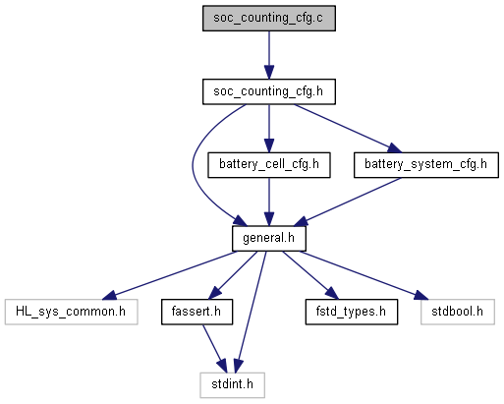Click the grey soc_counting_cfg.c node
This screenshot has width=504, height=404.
(x=269, y=19)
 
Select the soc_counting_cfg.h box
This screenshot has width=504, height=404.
(x=269, y=91)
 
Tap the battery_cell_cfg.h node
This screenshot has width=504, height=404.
(x=269, y=165)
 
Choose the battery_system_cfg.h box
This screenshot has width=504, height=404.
(x=426, y=165)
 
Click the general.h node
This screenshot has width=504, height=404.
(x=269, y=239)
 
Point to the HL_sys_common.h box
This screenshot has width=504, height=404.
(x=71, y=312)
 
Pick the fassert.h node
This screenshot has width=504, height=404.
(x=196, y=312)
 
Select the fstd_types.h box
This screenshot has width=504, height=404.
(x=352, y=312)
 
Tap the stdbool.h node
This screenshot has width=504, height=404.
(x=458, y=312)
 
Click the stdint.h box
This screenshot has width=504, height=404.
(x=232, y=385)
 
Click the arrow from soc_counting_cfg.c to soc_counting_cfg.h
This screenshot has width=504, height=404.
(x=269, y=55)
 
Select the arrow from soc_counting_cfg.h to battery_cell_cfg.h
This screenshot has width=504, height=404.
(x=269, y=129)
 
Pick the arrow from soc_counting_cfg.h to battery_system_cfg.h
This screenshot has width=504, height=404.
(x=348, y=129)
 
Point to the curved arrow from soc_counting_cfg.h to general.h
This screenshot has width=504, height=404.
(x=193, y=164)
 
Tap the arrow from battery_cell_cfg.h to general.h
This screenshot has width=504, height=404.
(x=269, y=202)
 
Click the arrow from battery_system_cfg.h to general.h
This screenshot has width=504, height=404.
(x=347, y=202)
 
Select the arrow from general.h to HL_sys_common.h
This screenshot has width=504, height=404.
(x=169, y=275)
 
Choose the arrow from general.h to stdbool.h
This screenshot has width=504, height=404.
(x=364, y=275)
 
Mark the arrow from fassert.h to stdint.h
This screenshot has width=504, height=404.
(x=214, y=349)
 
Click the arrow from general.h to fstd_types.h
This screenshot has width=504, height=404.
(x=309, y=275)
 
